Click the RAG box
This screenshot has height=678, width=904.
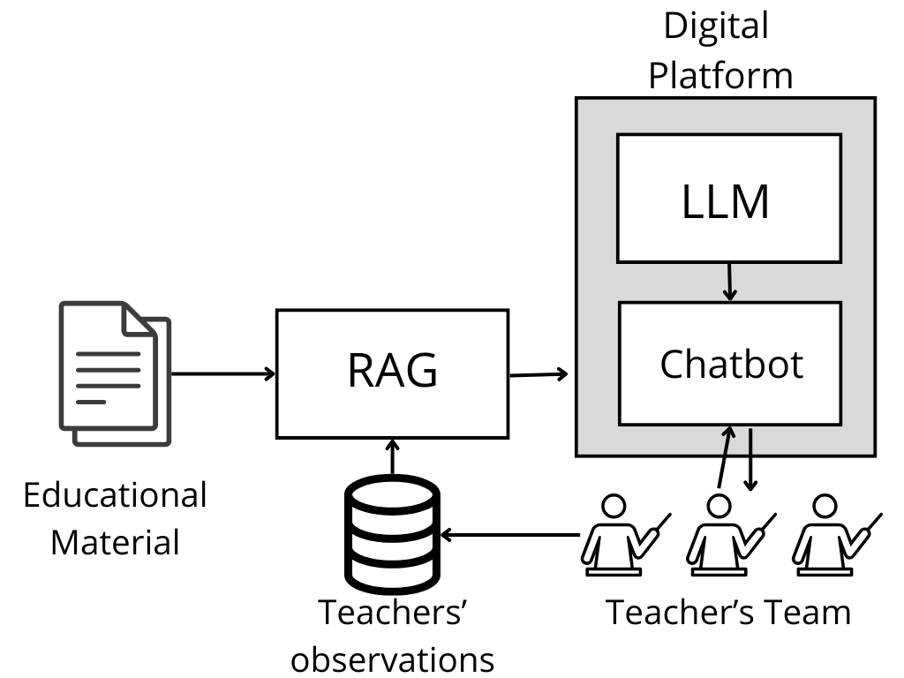tap(392, 373)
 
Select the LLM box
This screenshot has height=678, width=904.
tap(728, 198)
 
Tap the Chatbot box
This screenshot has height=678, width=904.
tap(729, 363)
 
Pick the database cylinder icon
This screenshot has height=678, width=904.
tap(391, 535)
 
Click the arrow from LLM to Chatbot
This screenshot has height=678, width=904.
tap(729, 282)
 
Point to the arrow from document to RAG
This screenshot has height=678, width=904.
tap(222, 373)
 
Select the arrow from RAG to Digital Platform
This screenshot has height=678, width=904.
tap(539, 374)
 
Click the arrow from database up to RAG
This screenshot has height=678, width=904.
tap(391, 457)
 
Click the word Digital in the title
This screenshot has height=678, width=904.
tap(716, 26)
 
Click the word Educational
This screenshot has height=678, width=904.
tap(115, 495)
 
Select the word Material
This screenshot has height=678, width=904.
tap(115, 541)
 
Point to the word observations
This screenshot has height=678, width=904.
tap(392, 659)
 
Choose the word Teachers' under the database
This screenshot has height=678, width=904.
tap(392, 612)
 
